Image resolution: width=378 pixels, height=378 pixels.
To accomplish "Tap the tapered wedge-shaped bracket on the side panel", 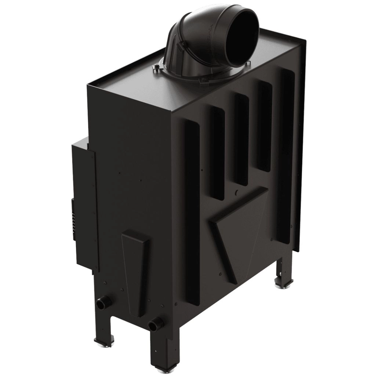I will pos(136,272).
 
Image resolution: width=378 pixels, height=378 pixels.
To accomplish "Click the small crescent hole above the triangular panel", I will pos(237,192).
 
